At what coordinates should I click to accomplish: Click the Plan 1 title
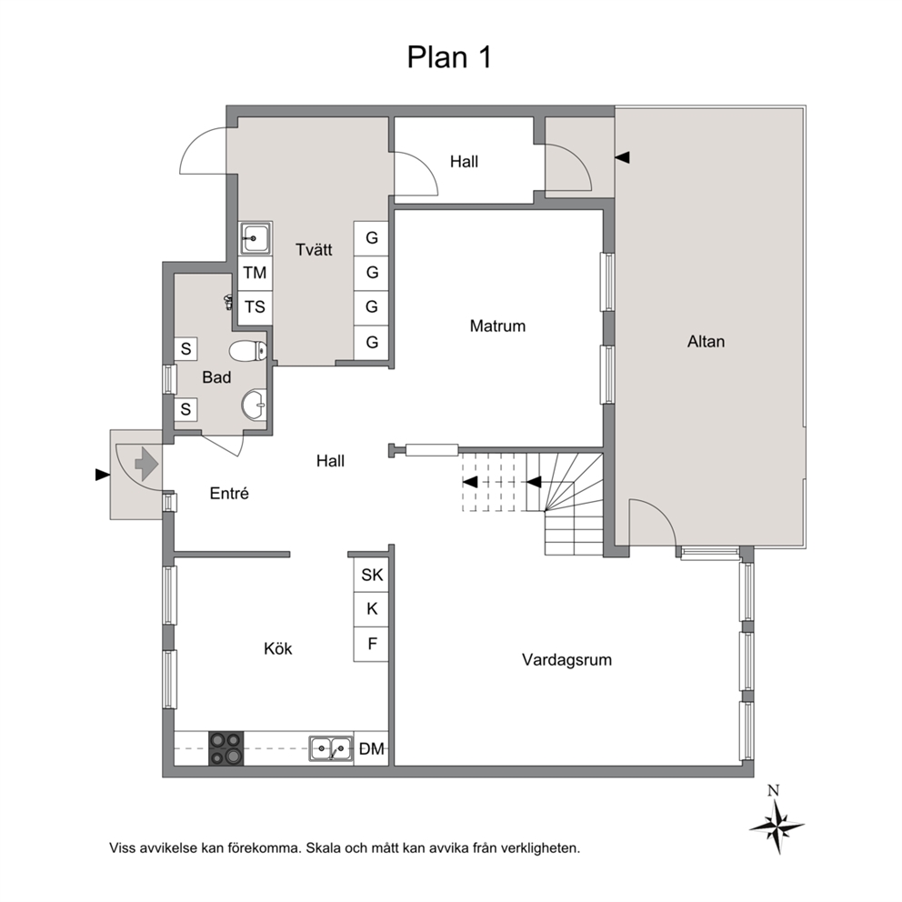click(x=449, y=57)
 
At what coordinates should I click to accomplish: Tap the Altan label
click(x=706, y=342)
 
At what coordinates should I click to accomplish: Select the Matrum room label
click(x=497, y=326)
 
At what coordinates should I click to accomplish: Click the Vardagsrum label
click(x=566, y=660)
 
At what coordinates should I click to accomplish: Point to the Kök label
click(x=278, y=649)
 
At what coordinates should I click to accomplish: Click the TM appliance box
click(x=255, y=273)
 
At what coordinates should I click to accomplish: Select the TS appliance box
click(x=255, y=307)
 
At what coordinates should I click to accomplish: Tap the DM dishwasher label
click(x=372, y=749)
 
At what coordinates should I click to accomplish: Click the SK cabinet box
click(x=372, y=575)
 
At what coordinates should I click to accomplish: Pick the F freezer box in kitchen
click(x=372, y=645)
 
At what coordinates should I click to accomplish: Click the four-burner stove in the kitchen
click(x=225, y=748)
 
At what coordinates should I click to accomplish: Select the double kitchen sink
click(x=331, y=749)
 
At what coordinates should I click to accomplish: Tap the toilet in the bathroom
click(x=248, y=350)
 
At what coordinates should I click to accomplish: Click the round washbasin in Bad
click(x=254, y=405)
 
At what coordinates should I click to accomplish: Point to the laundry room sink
click(x=256, y=238)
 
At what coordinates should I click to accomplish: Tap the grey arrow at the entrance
click(x=146, y=464)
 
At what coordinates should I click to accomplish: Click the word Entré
click(x=229, y=494)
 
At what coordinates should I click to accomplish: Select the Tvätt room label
click(x=314, y=250)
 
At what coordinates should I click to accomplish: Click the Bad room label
click(x=216, y=377)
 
